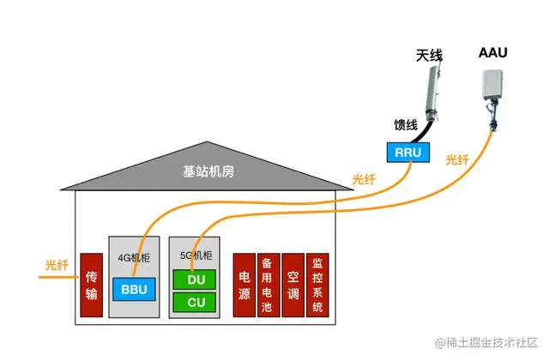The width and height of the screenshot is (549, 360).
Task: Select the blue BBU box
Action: tap(134, 289)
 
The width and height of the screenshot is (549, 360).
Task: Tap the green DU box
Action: tap(196, 279)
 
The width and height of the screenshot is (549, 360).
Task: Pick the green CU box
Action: tap(196, 302)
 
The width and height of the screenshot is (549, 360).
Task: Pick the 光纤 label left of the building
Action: tap(57, 266)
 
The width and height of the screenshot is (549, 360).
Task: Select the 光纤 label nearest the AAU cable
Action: tap(457, 159)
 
